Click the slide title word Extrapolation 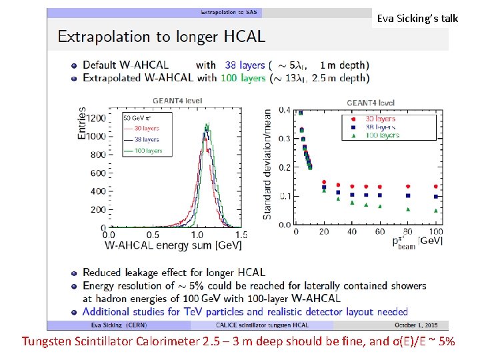tap(99, 36)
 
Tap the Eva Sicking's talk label tap(417, 18)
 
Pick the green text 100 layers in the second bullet tap(244, 77)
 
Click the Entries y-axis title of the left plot tap(82, 123)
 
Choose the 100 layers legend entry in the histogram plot tap(145, 151)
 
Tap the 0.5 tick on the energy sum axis tap(153, 235)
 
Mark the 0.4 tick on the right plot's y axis tap(285, 110)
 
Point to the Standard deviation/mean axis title tap(267, 165)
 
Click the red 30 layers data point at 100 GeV tap(436, 187)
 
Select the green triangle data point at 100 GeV tap(436, 210)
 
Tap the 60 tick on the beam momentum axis tap(379, 232)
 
